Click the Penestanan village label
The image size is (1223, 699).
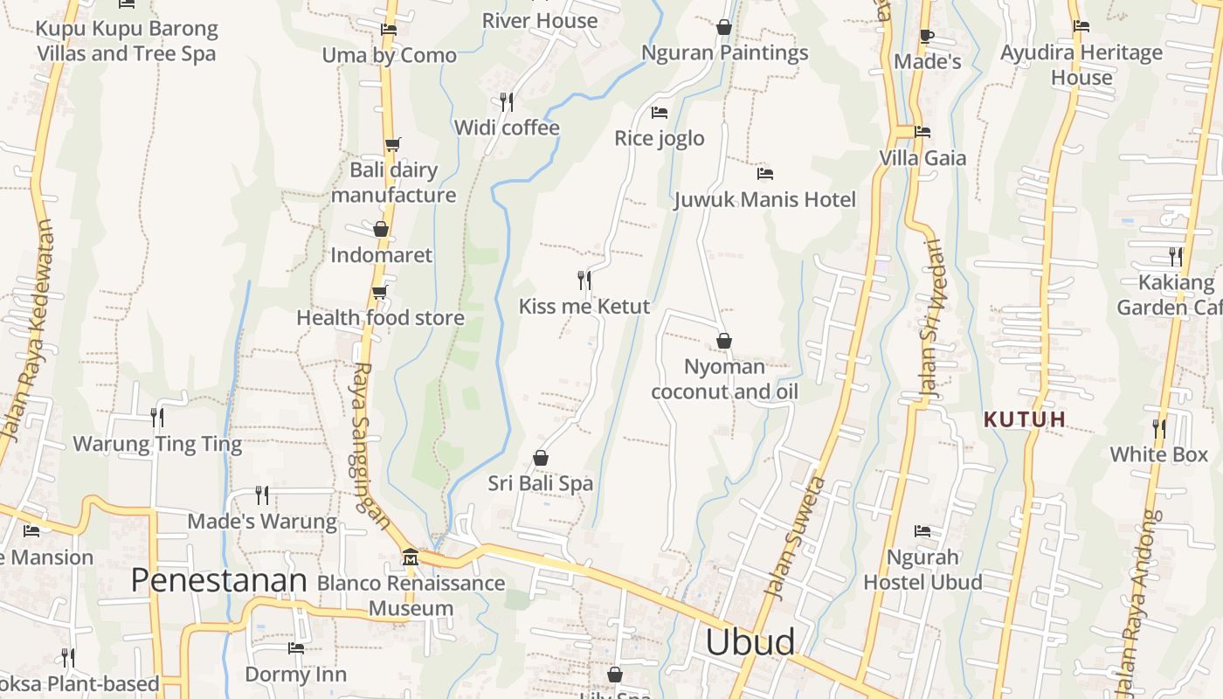[x=218, y=580]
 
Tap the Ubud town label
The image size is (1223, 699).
[x=750, y=642]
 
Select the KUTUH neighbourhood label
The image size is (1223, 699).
[x=1024, y=419]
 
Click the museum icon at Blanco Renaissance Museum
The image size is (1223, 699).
[x=411, y=557]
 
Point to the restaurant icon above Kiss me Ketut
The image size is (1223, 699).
[x=584, y=280]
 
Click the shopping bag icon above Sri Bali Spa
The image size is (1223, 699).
[x=541, y=458]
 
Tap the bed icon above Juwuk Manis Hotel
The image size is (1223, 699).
[x=765, y=173]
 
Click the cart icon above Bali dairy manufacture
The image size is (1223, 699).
[x=393, y=144]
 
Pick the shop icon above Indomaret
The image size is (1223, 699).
[x=381, y=229]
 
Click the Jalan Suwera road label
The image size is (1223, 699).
[x=794, y=537]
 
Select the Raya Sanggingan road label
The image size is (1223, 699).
[x=370, y=446]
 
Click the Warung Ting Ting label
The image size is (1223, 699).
[x=157, y=444]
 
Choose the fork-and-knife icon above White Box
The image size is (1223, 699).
[x=1158, y=428]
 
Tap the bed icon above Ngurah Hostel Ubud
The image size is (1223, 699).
[x=922, y=531]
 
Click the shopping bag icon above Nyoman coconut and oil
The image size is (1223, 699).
[x=723, y=341]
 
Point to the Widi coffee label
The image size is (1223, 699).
[x=507, y=128]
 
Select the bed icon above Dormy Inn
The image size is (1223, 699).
[x=296, y=648]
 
